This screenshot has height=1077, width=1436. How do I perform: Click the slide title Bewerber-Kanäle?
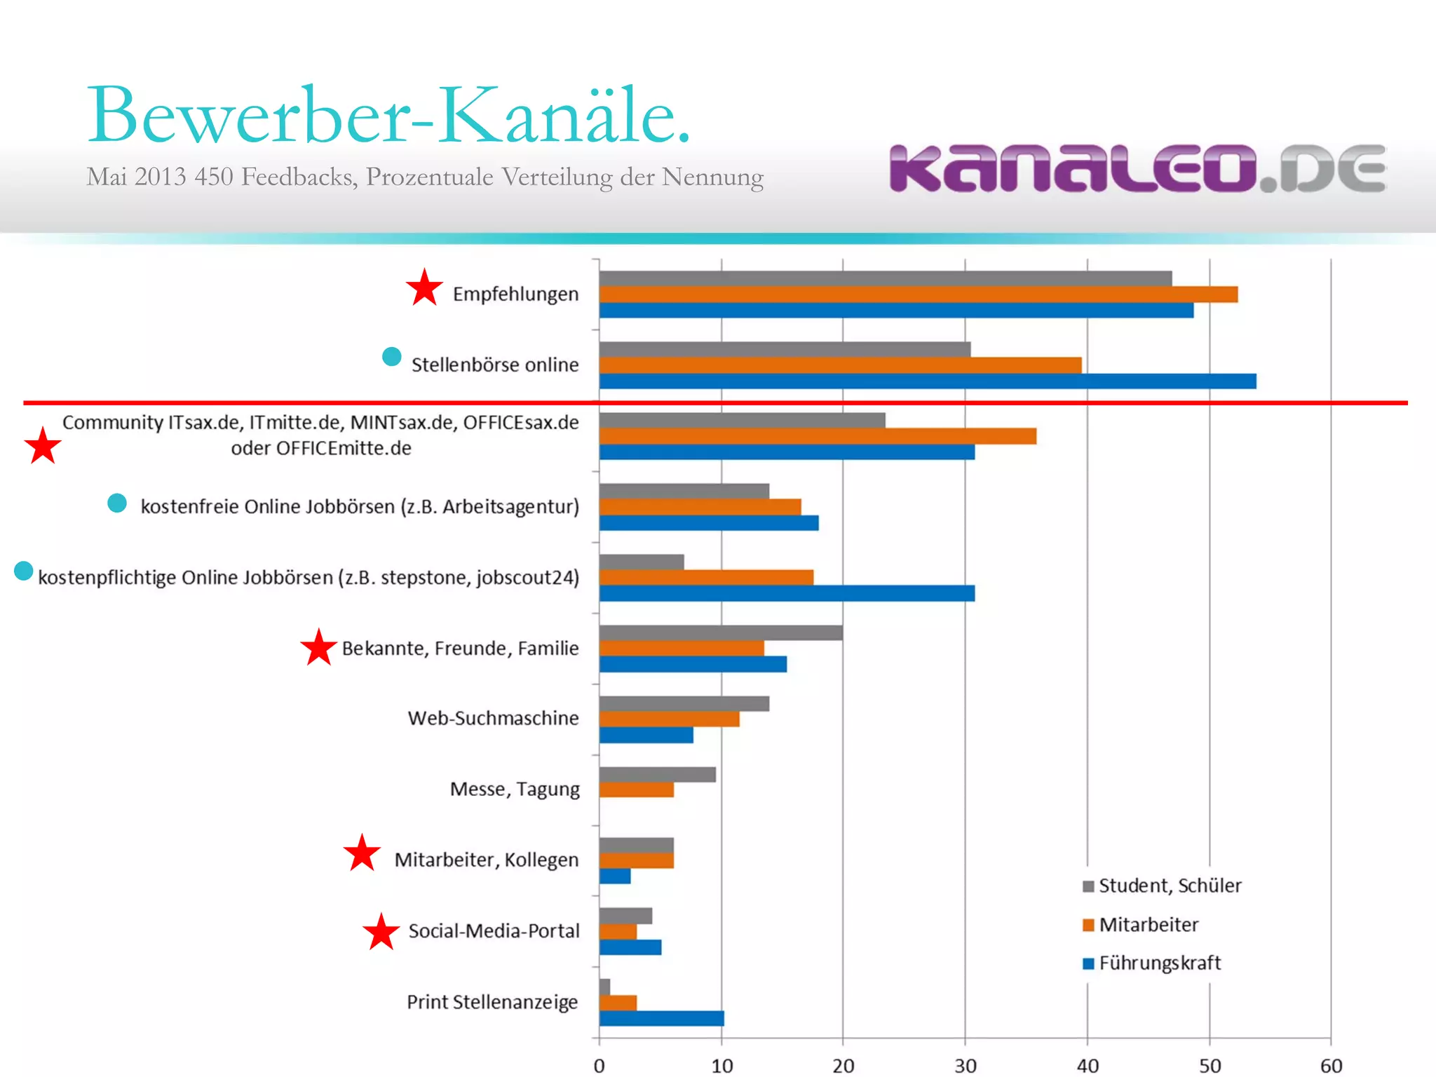(x=389, y=116)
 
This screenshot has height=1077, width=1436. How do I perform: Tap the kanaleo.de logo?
(x=1137, y=168)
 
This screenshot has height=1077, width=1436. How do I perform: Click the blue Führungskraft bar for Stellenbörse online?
(x=927, y=381)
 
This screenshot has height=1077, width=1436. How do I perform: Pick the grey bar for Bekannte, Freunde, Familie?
(x=720, y=632)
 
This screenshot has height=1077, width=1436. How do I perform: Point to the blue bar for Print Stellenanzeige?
(x=661, y=1018)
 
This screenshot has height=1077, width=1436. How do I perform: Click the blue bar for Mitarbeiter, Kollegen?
(x=615, y=876)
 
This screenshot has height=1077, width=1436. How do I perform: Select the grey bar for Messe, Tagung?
(x=657, y=774)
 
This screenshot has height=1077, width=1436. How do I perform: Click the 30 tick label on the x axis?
(x=965, y=1066)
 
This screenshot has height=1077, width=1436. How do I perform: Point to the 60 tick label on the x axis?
(x=1330, y=1066)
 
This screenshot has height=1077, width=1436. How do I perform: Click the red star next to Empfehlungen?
(x=424, y=288)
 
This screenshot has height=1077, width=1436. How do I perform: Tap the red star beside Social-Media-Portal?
(x=381, y=932)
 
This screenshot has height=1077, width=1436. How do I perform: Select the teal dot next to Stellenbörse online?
(x=391, y=357)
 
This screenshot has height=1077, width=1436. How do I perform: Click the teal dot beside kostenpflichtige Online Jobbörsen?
(x=24, y=571)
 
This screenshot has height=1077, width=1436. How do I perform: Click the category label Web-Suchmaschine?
(x=493, y=718)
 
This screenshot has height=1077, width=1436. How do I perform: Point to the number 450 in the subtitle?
(x=213, y=177)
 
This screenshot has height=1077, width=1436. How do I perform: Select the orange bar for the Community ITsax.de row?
(x=817, y=436)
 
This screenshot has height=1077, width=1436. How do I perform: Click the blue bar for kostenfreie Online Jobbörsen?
(x=708, y=523)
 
